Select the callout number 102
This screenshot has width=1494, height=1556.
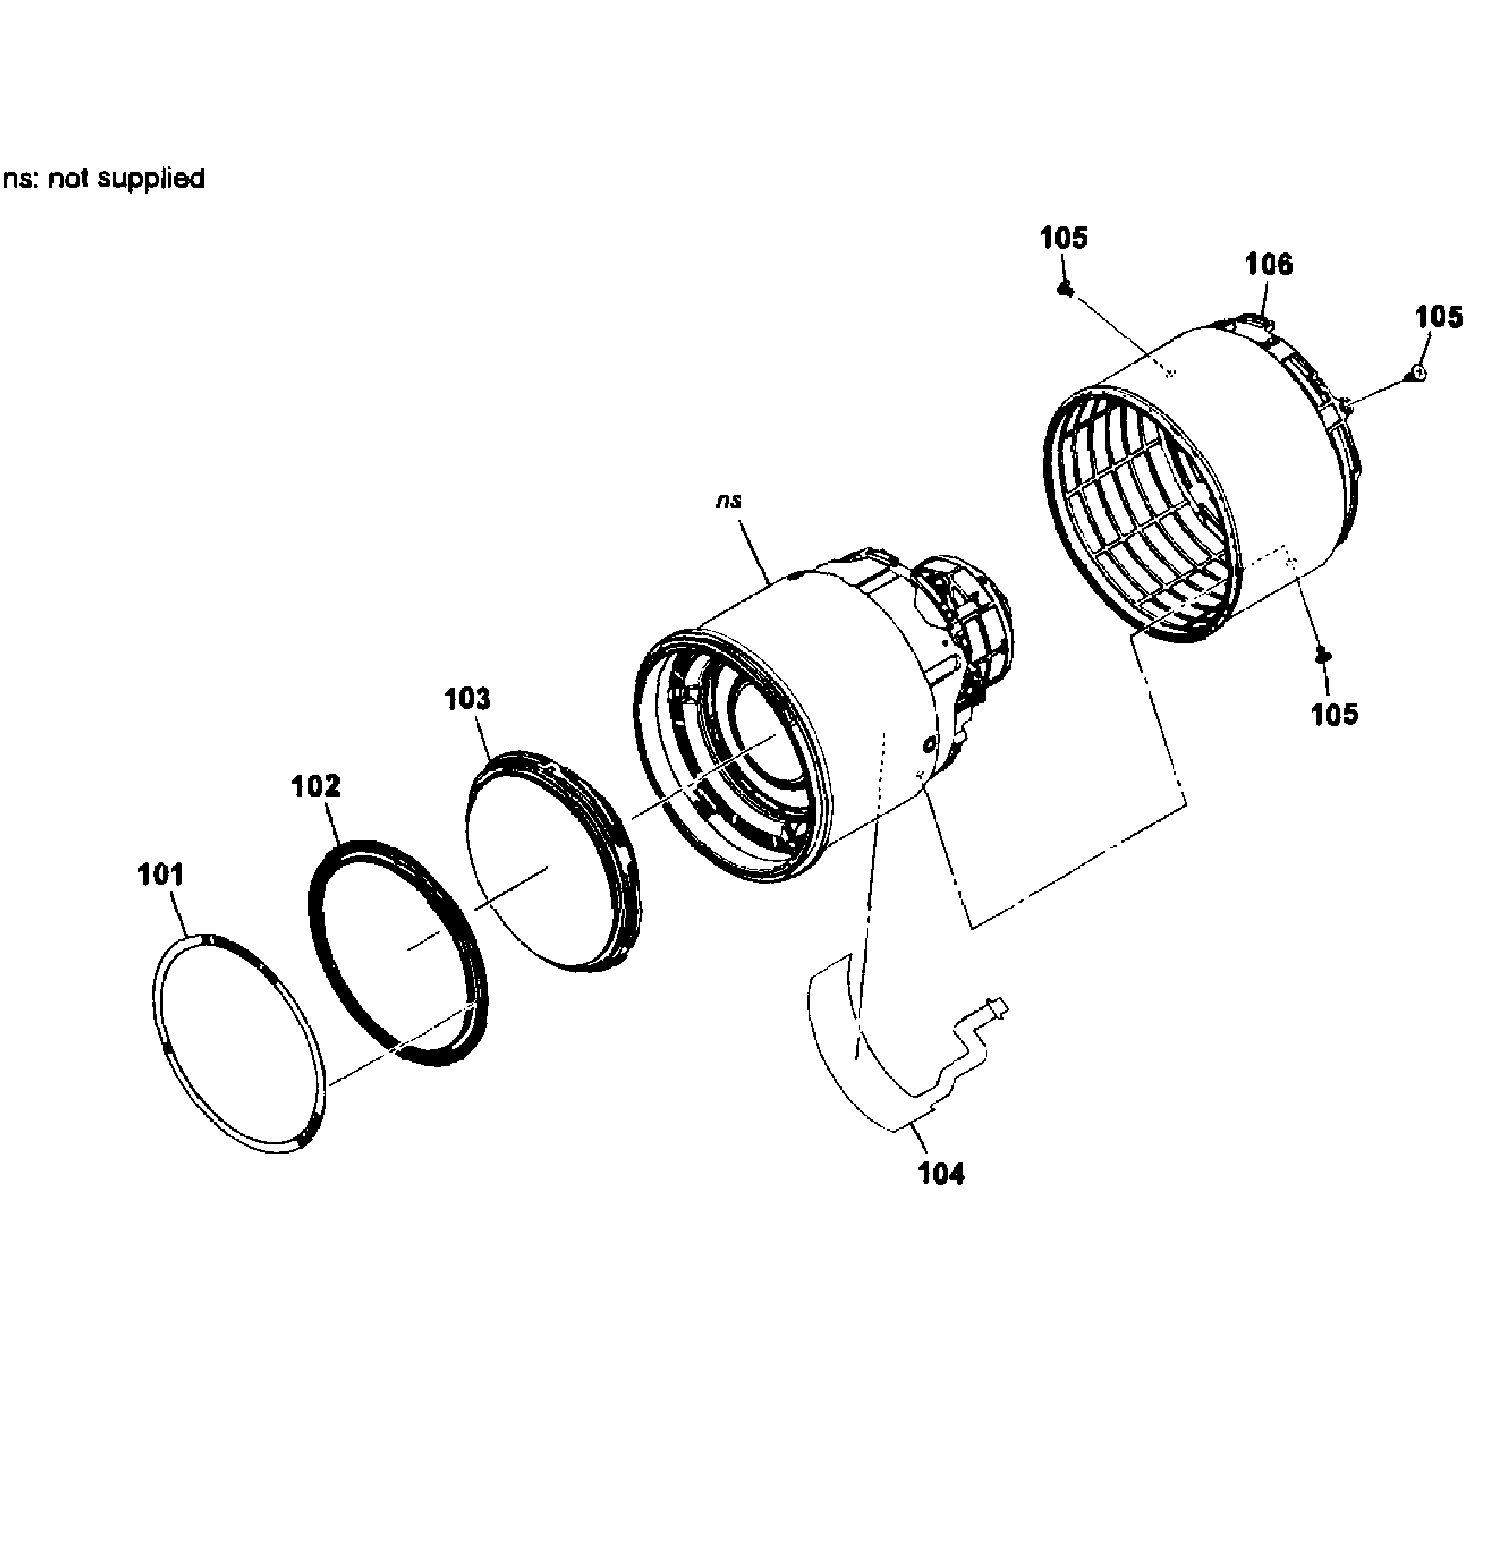[x=315, y=786]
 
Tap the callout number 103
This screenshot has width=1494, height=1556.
[x=467, y=699]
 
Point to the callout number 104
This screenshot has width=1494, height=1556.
[x=941, y=1172]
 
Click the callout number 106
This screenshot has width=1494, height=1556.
[x=1268, y=263]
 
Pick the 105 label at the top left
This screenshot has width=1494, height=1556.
[x=1063, y=237]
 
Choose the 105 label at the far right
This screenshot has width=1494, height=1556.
[x=1439, y=317]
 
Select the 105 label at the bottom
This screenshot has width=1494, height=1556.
[x=1335, y=714]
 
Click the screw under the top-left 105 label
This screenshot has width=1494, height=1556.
[x=1066, y=290]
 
